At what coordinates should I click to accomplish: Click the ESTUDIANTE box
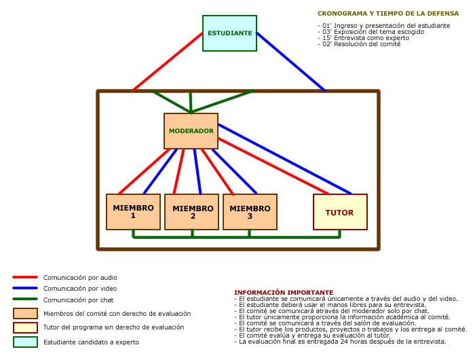tap(229, 33)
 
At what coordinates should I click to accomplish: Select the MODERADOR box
tap(191, 130)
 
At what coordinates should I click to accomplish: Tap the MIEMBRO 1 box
tap(133, 211)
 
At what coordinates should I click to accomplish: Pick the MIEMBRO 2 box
tap(193, 211)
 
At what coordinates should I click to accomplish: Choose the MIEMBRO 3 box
tap(250, 211)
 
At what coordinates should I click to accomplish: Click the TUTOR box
tap(339, 212)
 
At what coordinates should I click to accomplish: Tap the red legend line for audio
tap(24, 277)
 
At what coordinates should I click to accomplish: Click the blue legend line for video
tap(24, 288)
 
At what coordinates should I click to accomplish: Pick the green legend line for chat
tap(24, 300)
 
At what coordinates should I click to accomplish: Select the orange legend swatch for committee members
tap(25, 313)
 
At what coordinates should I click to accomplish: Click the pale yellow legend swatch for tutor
tap(25, 327)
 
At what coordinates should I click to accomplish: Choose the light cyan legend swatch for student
tap(25, 342)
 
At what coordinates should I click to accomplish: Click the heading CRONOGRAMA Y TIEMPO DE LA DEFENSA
tap(383, 13)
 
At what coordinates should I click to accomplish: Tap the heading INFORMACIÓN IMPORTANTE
tap(283, 292)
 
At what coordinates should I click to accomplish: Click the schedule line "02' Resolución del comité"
tap(358, 43)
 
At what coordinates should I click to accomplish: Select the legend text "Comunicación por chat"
tap(78, 300)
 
